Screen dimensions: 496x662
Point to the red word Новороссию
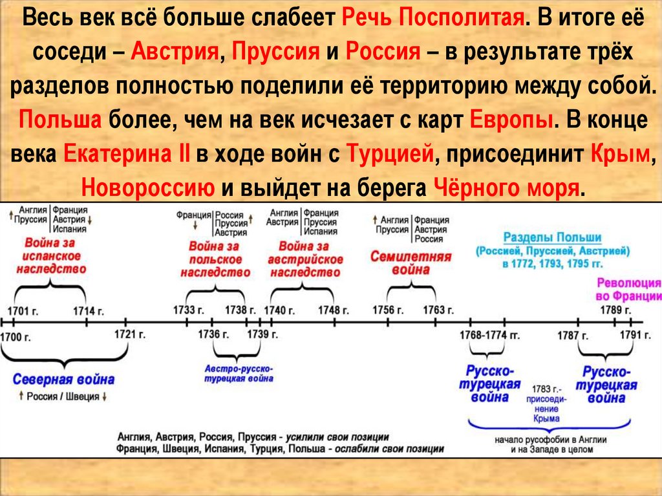pos(148,187)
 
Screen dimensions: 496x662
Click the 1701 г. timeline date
pos(24,310)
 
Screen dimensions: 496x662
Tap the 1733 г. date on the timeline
pos(189,310)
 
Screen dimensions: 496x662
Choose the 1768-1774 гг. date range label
pos(489,334)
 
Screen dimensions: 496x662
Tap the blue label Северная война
pos(63,379)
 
